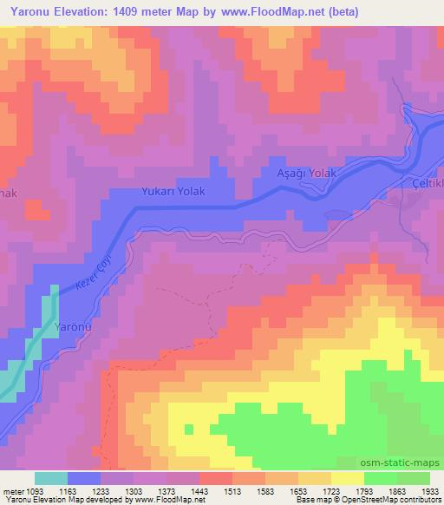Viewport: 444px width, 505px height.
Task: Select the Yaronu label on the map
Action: point(74,326)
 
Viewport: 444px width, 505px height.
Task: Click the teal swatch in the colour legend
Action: point(51,478)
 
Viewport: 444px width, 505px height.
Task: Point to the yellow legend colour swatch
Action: point(348,478)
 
